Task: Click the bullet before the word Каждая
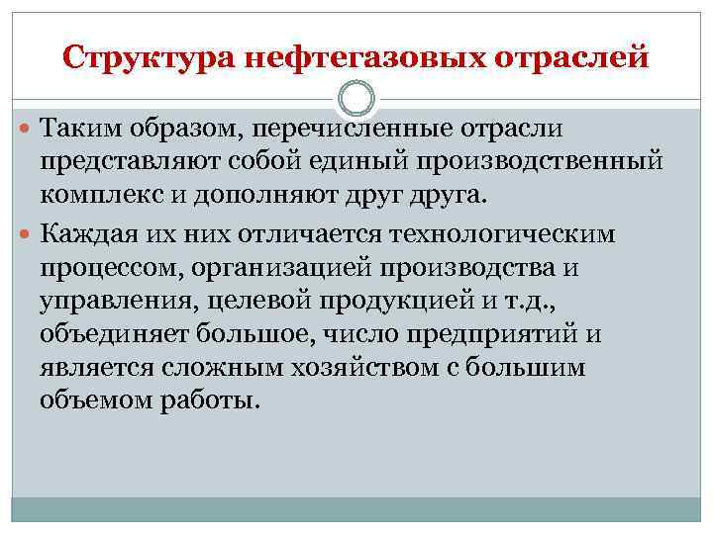27,233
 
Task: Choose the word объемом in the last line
95,401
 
